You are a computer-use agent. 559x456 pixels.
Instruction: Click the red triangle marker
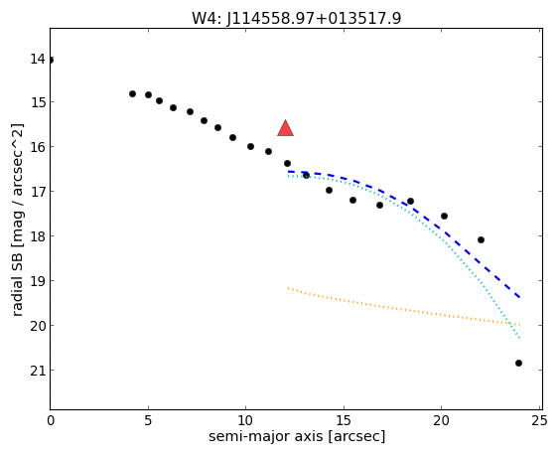(285, 128)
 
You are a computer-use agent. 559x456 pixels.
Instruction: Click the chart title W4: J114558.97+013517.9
(296, 18)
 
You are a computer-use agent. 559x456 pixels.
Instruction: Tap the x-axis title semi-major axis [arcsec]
(297, 436)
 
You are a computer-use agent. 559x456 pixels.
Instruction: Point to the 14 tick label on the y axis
(38, 59)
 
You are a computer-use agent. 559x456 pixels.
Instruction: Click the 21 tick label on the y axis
(38, 371)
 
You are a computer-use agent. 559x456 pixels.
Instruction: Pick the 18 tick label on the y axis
(38, 236)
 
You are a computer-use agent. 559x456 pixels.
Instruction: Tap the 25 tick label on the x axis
(539, 421)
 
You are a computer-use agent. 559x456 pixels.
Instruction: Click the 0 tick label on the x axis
(51, 421)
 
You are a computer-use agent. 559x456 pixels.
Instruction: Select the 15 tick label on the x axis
(344, 421)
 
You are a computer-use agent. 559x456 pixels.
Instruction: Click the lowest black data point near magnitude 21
(518, 363)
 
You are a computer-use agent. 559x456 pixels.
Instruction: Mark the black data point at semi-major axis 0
(51, 60)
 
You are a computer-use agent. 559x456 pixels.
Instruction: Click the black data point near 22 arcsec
(481, 239)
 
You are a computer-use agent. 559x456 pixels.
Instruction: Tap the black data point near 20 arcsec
(444, 216)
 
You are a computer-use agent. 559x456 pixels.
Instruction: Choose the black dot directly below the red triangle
(287, 163)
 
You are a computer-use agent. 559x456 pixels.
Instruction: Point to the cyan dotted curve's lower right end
(520, 338)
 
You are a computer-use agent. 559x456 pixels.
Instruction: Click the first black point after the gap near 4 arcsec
(133, 93)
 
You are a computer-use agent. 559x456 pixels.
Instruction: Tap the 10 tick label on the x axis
(245, 421)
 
